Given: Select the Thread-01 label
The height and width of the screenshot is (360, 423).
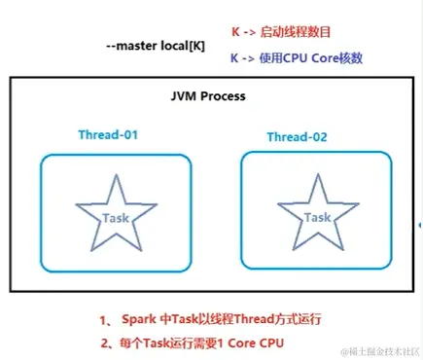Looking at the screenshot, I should coord(110,134).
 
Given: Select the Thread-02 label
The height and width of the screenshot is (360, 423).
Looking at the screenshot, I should coord(298,137).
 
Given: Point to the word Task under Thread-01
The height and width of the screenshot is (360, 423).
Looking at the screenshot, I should coord(115,218).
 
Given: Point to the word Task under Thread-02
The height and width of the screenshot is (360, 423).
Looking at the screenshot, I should coord(316,218).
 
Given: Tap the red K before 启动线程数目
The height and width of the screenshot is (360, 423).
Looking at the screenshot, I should coord(235,32).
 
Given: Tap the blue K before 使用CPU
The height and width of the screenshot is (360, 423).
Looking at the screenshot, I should coord(235,58).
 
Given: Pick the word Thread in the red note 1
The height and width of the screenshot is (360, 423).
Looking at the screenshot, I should coord(239,318).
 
